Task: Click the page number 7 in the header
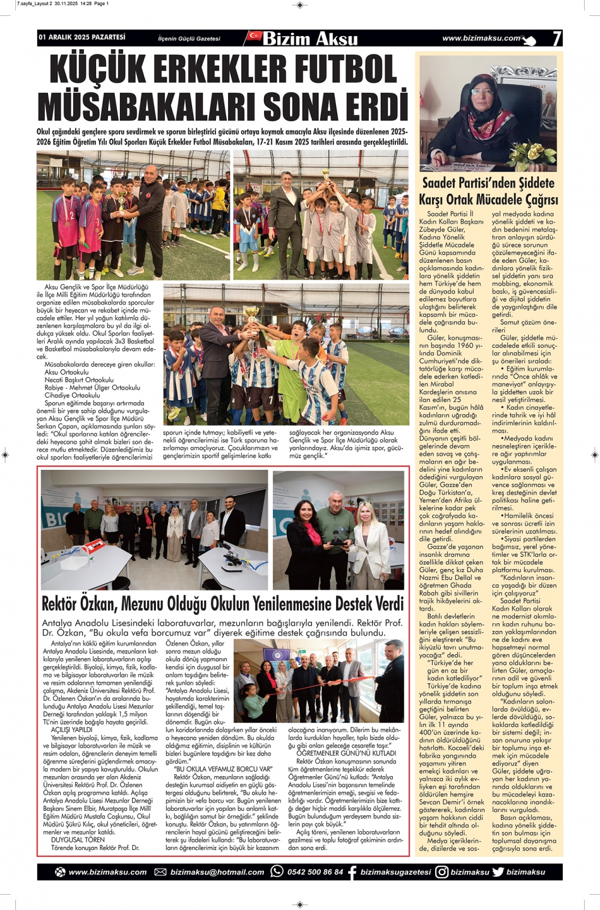pyautogui.click(x=556, y=39)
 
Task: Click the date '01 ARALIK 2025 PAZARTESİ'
pyautogui.click(x=82, y=38)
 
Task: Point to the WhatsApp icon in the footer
pyautogui.click(x=277, y=871)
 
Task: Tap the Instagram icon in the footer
pyautogui.click(x=441, y=871)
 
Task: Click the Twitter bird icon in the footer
pyautogui.click(x=498, y=871)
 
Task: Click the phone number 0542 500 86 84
pyautogui.click(x=315, y=872)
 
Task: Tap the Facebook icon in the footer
pyautogui.click(x=352, y=872)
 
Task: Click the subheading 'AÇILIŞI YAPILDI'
pyautogui.click(x=71, y=730)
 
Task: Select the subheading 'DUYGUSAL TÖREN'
pyautogui.click(x=78, y=840)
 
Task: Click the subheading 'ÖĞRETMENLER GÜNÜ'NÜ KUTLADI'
pyautogui.click(x=346, y=753)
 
